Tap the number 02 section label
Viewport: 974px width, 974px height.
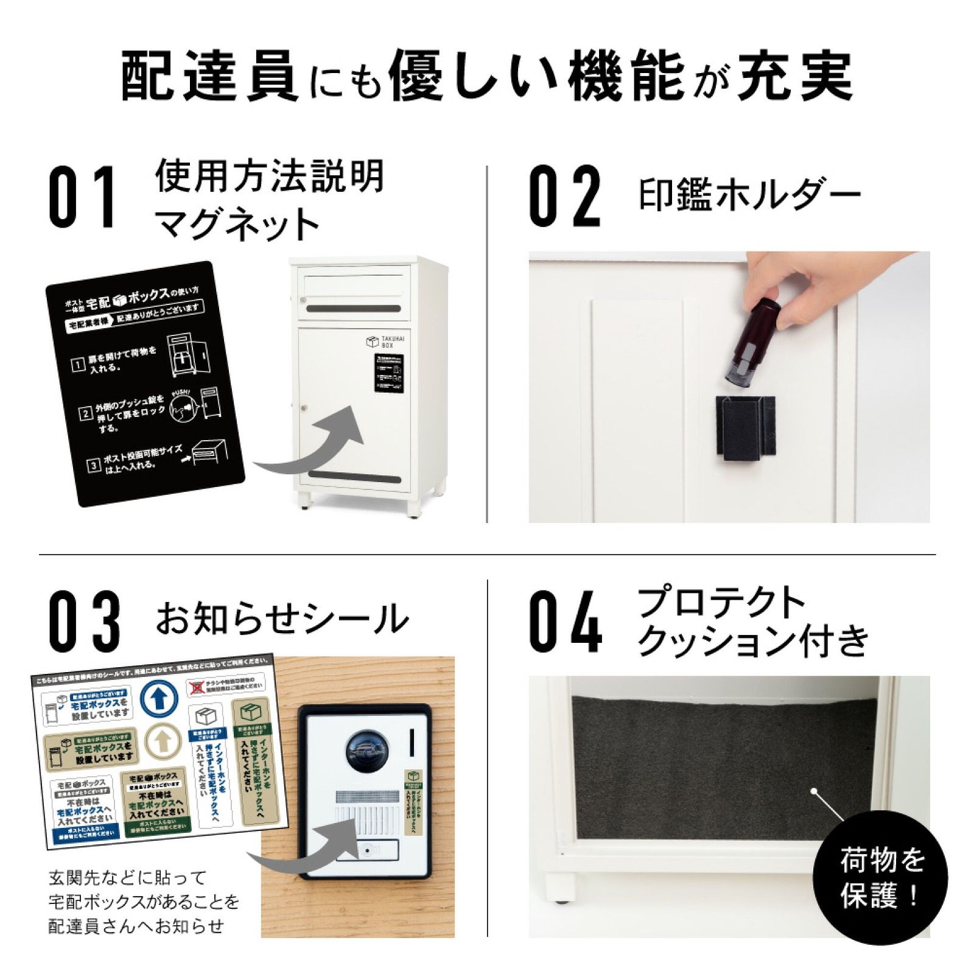coord(564,197)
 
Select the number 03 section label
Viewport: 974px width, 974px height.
coord(84,620)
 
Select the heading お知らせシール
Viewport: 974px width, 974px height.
coord(282,618)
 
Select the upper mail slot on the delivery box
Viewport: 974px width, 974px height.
coord(354,309)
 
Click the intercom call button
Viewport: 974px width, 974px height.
coord(367,850)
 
